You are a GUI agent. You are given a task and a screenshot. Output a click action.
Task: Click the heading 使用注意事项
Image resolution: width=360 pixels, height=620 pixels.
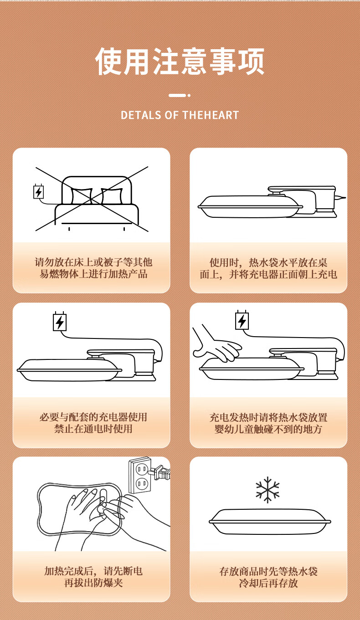coord(180,61)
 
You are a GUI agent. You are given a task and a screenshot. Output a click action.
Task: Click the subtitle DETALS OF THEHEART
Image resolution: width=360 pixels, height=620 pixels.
coord(180,115)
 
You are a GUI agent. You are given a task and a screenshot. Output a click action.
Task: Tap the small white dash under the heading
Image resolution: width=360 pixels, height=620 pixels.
coord(177,95)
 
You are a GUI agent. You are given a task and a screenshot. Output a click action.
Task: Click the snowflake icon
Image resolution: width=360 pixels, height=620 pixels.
coord(267,490)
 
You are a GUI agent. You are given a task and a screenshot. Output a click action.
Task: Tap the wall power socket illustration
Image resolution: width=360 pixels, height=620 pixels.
coord(140,475)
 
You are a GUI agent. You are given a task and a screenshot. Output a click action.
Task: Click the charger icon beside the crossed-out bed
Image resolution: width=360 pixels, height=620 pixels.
coord(38,191)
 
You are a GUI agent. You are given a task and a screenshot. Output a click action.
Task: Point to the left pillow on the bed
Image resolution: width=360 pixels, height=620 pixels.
coord(82,196)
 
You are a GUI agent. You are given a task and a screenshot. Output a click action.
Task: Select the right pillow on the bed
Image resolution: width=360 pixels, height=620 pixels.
coord(112,196)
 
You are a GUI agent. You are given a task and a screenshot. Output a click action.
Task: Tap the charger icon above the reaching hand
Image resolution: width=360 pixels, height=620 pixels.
coord(242,320)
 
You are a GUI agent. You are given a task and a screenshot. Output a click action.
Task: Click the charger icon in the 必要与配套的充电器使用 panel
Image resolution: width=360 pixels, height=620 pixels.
coord(60,321)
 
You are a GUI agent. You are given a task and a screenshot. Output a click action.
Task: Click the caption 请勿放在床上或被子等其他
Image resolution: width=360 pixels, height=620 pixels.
coord(93,262)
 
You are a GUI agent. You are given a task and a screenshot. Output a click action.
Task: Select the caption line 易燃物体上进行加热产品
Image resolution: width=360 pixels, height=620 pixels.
coord(93,274)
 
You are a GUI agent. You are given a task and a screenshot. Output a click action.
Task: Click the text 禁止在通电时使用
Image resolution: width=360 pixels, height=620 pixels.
coord(93,429)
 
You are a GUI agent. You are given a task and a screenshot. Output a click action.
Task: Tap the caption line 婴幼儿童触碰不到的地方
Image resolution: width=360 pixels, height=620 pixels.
coord(268,429)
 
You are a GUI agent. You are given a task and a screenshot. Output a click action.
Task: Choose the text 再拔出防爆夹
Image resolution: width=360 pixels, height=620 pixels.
coord(93,583)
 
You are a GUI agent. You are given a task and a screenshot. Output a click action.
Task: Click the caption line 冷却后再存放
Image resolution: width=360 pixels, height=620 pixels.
coord(268,583)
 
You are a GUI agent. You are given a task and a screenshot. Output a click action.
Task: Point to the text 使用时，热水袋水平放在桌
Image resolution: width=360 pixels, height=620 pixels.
coord(268,262)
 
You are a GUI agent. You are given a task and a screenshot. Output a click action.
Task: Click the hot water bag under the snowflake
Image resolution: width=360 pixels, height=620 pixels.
coord(270,522)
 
